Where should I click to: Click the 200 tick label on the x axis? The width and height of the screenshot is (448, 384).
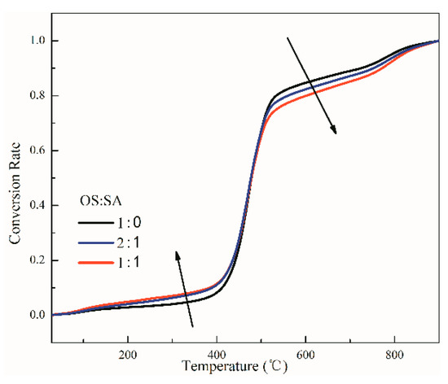[127, 355]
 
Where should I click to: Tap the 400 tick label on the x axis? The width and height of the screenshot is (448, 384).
[216, 355]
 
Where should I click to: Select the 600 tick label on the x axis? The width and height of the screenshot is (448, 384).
[305, 355]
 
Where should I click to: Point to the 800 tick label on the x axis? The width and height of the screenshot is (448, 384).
[394, 355]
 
